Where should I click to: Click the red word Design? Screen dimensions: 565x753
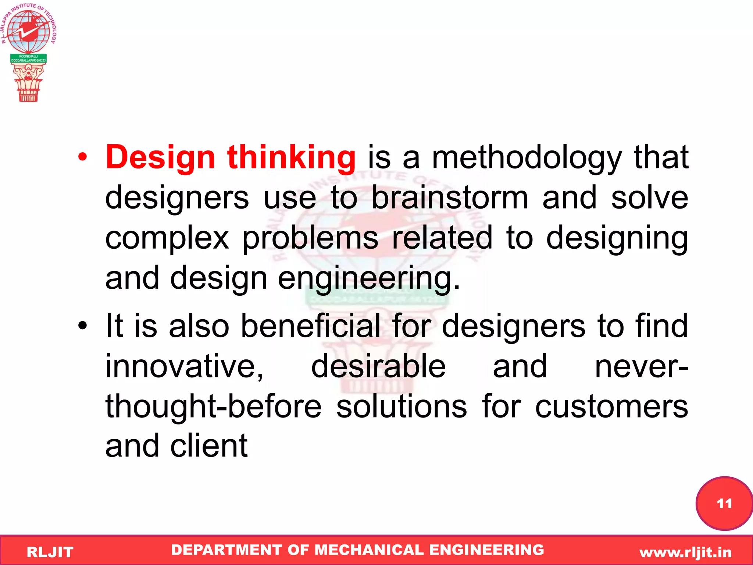(160, 158)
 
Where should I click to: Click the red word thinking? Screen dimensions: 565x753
(291, 158)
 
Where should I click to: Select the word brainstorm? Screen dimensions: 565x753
(450, 198)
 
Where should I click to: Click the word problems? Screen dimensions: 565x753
(310, 238)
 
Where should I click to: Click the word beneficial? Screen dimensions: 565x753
(310, 326)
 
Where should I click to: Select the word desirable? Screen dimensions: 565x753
(378, 366)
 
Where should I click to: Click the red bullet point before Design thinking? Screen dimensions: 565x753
(83, 157)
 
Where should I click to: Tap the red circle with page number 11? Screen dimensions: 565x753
(724, 503)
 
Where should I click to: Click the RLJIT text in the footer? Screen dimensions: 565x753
(50, 552)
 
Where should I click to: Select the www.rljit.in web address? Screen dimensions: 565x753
(685, 552)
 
